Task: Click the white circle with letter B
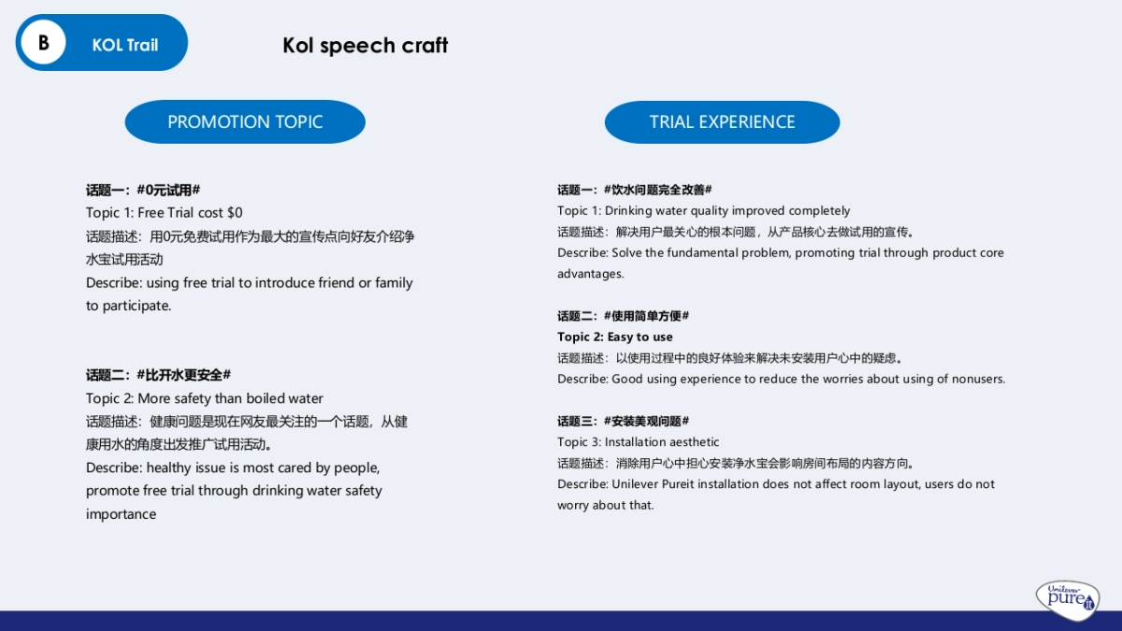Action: tap(43, 43)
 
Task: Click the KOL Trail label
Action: tap(124, 45)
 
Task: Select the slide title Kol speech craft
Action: tap(365, 45)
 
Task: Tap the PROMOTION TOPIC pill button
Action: tap(245, 122)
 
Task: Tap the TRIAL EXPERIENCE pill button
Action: tap(722, 122)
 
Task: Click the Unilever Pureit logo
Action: tap(1068, 598)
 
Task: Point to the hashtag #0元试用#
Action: tap(168, 190)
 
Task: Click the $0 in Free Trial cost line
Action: tap(235, 213)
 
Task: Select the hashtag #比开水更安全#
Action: tap(183, 375)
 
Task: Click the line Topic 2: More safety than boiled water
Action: tap(205, 398)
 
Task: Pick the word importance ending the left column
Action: tap(121, 514)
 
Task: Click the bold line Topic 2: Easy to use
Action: tap(615, 337)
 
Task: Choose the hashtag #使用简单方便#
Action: tap(646, 316)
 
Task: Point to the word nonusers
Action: tap(977, 379)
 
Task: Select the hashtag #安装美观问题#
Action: tap(646, 421)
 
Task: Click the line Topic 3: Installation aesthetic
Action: tap(639, 442)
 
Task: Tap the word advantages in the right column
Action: tap(590, 274)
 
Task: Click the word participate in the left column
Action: tap(136, 306)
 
